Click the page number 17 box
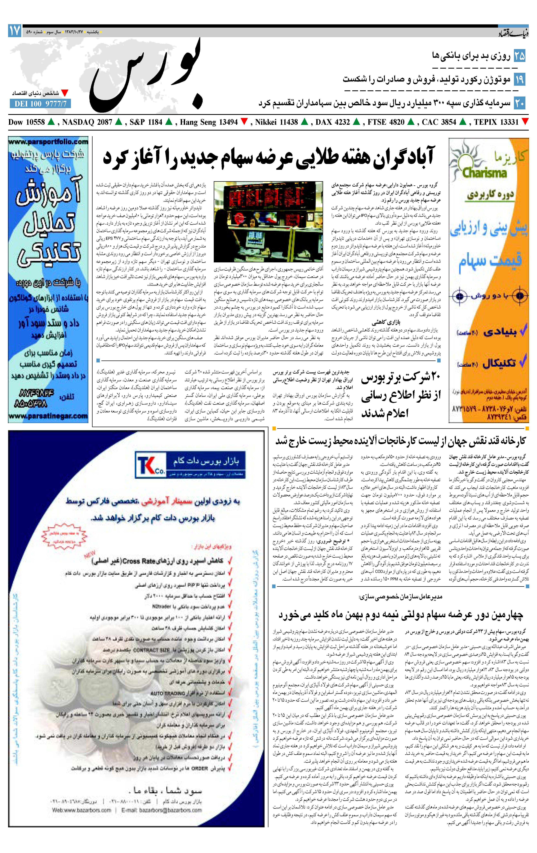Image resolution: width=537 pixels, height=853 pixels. pyautogui.click(x=15, y=31)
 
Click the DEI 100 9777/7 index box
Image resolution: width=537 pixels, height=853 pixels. pyautogui.click(x=40, y=104)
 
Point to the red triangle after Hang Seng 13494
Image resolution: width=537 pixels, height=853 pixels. pyautogui.click(x=244, y=122)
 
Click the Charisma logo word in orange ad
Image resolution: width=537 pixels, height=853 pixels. pyautogui.click(x=484, y=173)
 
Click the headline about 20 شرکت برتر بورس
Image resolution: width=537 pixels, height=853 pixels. pyautogui.click(x=401, y=396)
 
